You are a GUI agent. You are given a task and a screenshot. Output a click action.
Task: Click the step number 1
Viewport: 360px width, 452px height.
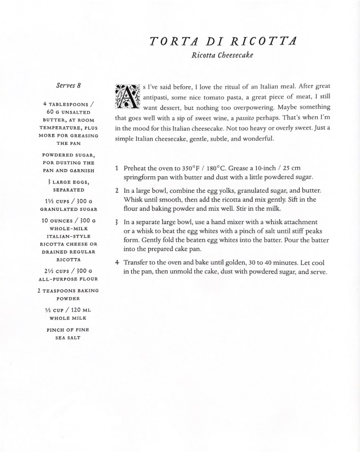coord(117,168)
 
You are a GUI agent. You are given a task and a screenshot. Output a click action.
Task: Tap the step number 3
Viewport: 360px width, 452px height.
coord(117,222)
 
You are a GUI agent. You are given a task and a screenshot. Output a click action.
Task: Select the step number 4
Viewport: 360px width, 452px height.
coord(117,262)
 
